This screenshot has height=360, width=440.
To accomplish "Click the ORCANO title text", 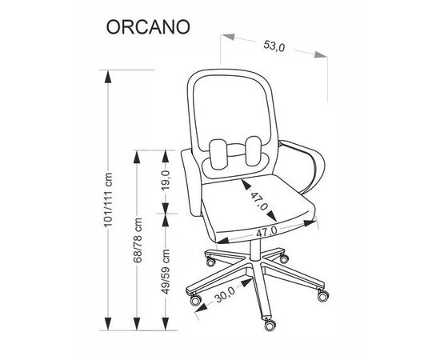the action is pyautogui.click(x=148, y=27).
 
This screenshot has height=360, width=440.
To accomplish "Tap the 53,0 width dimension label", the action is pyautogui.click(x=274, y=46).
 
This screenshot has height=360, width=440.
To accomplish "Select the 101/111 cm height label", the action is pyautogui.click(x=108, y=199).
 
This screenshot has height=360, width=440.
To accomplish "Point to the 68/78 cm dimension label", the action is pyautogui.click(x=138, y=240).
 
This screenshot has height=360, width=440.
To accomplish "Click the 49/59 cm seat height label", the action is pyautogui.click(x=166, y=271).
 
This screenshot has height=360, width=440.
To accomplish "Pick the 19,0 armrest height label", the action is pyautogui.click(x=166, y=180).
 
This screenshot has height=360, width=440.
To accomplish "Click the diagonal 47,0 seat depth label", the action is pyautogui.click(x=258, y=201).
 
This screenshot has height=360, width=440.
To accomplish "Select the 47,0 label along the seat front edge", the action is pyautogui.click(x=266, y=231).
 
